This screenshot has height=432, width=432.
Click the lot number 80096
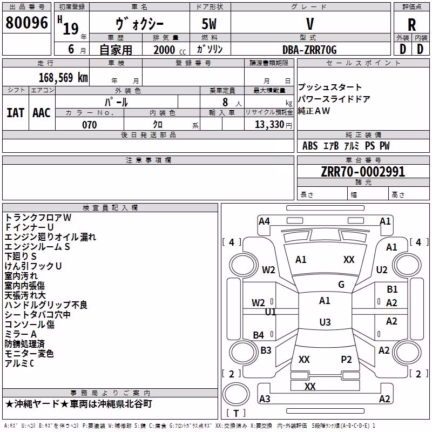click(26, 23)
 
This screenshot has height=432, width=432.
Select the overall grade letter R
click(411, 25)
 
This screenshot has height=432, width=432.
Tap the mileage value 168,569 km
click(63, 77)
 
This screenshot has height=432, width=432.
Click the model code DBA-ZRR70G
click(309, 50)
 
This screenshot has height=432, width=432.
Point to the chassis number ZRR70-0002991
click(363, 172)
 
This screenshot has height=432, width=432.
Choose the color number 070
click(90, 125)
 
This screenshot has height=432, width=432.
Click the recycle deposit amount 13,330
click(269, 125)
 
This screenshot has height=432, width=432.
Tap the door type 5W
click(209, 24)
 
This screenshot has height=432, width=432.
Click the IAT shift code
click(15, 113)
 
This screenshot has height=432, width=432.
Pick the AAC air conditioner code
click(42, 113)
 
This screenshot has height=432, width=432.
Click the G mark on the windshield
click(341, 285)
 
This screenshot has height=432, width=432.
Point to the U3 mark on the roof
click(325, 322)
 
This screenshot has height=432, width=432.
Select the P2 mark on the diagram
click(346, 360)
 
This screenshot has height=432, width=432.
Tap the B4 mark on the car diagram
click(259, 335)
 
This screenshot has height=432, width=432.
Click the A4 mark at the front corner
click(264, 221)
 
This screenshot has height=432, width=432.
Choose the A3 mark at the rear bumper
click(265, 399)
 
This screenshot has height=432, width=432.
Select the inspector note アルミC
click(19, 363)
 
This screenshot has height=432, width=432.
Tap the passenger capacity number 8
click(225, 102)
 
